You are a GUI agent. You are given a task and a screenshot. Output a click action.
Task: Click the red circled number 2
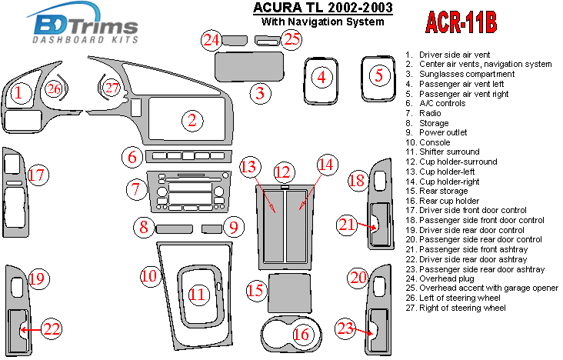(x=192, y=119)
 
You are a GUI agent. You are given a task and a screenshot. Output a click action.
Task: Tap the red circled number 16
(x=302, y=334)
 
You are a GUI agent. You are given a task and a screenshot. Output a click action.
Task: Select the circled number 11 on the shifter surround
(x=198, y=294)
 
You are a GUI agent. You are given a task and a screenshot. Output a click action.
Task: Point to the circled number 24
(x=213, y=40)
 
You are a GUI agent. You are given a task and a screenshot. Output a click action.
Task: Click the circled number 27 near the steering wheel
(x=113, y=88)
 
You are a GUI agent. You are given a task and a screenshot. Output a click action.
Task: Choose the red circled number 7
(x=135, y=188)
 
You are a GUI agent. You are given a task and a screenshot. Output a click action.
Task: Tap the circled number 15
(x=256, y=291)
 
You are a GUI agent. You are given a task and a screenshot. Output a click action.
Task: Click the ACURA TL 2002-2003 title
(x=322, y=8)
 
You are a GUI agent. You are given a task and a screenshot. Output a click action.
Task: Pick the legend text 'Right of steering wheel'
(x=462, y=308)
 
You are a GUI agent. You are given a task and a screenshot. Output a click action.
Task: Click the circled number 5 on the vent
(x=378, y=75)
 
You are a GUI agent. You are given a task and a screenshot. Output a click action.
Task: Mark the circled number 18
(x=357, y=182)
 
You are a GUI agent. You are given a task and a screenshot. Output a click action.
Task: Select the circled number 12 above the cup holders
(x=285, y=171)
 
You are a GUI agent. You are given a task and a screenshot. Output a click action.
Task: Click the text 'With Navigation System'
(x=322, y=22)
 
